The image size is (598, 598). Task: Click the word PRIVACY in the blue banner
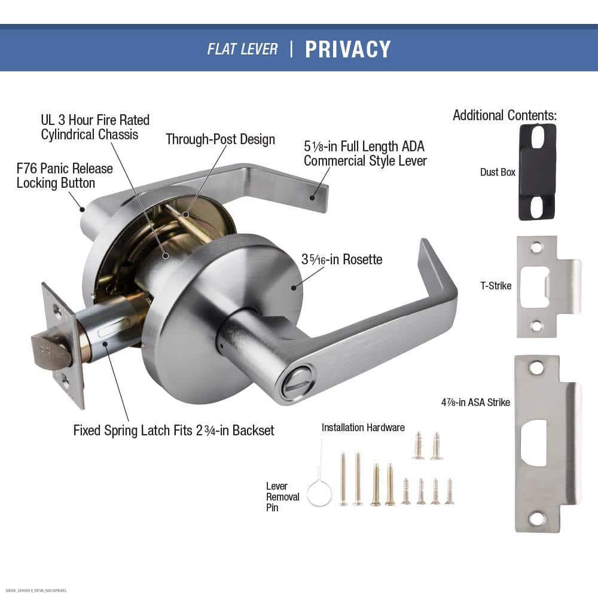click(347, 49)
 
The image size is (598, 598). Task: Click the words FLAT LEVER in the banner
click(242, 49)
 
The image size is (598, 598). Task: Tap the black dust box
click(538, 172)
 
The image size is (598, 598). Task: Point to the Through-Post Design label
click(220, 139)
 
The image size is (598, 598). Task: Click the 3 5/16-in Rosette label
click(341, 260)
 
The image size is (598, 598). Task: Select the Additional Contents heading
click(504, 115)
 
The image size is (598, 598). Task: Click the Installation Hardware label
click(363, 428)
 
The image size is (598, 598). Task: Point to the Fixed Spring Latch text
click(173, 430)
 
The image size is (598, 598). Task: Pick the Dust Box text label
click(498, 172)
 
